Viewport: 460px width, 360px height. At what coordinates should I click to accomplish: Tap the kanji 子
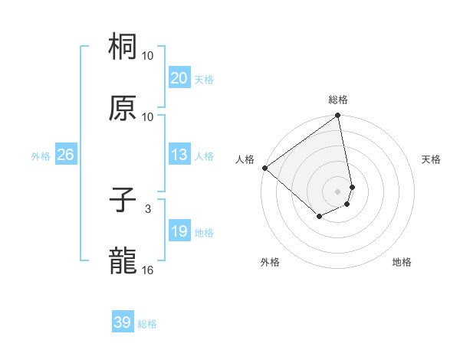(x=123, y=201)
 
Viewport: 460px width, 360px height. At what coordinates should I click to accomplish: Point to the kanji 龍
(x=123, y=262)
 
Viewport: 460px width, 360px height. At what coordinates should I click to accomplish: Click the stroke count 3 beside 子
(x=148, y=208)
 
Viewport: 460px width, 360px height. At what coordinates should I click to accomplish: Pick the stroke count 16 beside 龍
(x=148, y=270)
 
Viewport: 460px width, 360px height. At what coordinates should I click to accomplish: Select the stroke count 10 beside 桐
(x=148, y=56)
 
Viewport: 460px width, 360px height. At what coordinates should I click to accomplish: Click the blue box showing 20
(x=179, y=78)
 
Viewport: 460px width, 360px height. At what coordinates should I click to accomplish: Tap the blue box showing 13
(x=179, y=155)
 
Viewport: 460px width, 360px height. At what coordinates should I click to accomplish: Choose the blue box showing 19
(x=179, y=232)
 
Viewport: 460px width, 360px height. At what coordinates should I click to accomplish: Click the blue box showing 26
(x=65, y=155)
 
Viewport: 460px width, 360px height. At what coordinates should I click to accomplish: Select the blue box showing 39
(x=123, y=323)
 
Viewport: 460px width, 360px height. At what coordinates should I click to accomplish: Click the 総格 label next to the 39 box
(x=147, y=325)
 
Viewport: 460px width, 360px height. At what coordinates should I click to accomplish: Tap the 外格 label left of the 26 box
(x=41, y=156)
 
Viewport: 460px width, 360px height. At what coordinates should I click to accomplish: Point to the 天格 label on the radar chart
(x=432, y=159)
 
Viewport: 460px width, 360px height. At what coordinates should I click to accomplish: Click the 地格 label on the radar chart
(x=402, y=262)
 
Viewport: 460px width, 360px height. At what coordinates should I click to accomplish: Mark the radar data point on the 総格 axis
(x=337, y=116)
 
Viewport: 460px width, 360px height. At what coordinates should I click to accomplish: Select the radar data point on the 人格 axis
(x=264, y=168)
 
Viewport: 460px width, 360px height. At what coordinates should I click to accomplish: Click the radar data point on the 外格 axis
(x=319, y=217)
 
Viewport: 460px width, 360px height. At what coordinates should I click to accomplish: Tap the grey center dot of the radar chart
(x=337, y=191)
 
